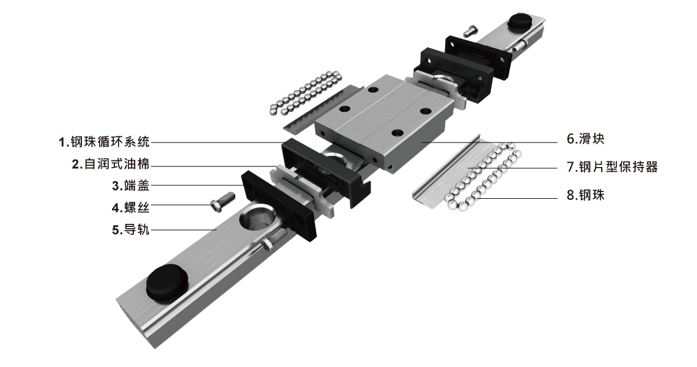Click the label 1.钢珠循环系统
tap(104, 142)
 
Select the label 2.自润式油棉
tap(111, 164)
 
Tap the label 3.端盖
tap(131, 185)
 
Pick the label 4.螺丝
tap(131, 207)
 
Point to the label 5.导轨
tap(131, 229)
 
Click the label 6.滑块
tap(586, 139)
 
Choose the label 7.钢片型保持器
tap(612, 167)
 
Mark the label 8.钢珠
tap(586, 195)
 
